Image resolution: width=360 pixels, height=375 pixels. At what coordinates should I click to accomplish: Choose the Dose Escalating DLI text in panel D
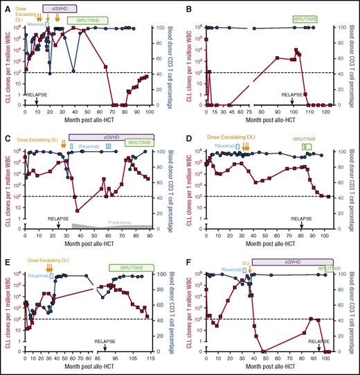(244, 138)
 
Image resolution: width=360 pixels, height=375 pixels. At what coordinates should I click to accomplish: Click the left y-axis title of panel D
(191, 182)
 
